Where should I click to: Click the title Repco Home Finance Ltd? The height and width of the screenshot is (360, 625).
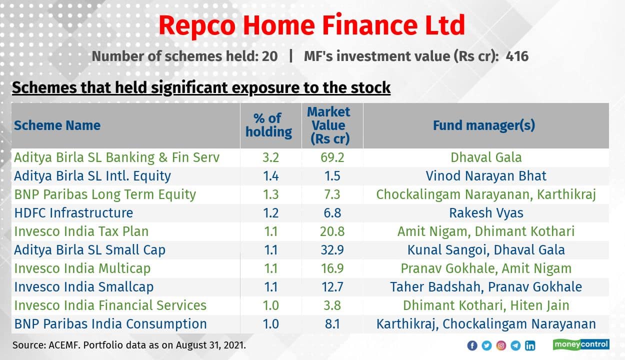[312, 25]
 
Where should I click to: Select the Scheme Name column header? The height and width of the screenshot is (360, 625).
[57, 125]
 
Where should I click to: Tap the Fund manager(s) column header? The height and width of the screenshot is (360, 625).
[483, 125]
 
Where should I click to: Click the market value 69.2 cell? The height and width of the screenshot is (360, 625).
[332, 157]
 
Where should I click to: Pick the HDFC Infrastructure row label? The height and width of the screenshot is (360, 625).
[73, 213]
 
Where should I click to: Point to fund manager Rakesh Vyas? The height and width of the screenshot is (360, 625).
[486, 213]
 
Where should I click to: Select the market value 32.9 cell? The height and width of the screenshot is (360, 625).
[332, 250]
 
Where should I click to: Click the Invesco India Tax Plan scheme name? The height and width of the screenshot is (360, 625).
[81, 231]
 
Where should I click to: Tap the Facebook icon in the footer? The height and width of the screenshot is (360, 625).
[472, 345]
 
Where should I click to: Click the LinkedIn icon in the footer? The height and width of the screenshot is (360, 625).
[530, 345]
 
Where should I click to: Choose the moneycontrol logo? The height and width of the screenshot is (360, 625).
[580, 344]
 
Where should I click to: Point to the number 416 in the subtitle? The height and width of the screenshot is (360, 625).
[516, 56]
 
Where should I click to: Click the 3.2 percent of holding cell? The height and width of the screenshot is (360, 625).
[270, 157]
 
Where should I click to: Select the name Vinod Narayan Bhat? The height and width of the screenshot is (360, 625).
[486, 176]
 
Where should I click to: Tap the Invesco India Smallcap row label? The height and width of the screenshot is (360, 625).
[83, 287]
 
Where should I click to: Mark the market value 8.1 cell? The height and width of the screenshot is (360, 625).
[332, 324]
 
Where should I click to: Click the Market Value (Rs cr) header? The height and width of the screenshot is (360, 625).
[328, 125]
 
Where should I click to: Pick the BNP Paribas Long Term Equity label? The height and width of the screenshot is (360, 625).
[105, 194]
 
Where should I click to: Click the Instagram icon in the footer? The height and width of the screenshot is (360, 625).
[501, 345]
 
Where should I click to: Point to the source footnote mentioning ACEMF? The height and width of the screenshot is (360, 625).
[129, 345]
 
